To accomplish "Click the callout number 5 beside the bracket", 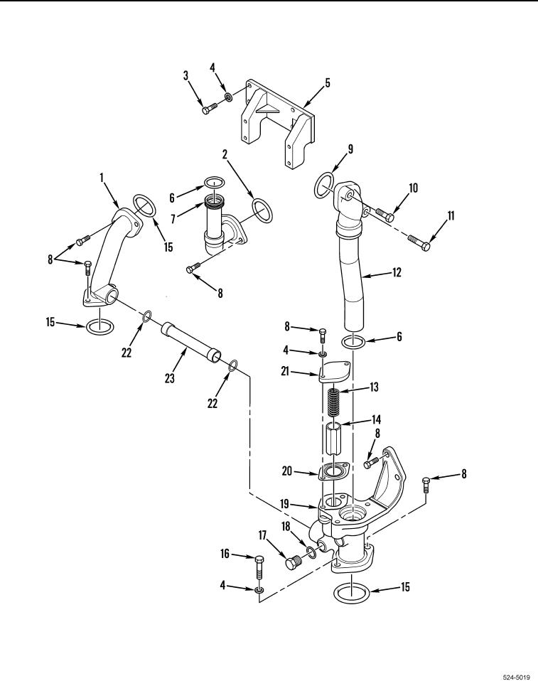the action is pos(328,82).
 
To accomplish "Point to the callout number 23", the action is pos(169,378).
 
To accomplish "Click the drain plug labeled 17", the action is pos(293,562).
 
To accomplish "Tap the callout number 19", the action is pos(284,504).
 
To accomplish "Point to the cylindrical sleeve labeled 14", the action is pos(333,439).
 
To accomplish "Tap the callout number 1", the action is pos(102,177).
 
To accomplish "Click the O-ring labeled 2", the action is pos(262,210).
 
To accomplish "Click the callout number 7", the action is pos(173,218).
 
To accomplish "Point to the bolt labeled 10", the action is pos(384,214).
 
